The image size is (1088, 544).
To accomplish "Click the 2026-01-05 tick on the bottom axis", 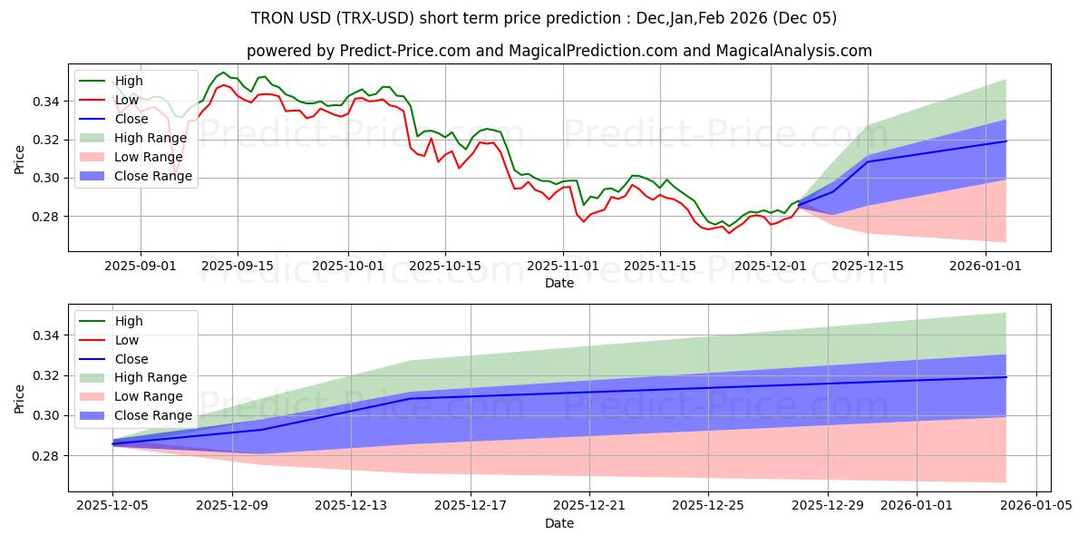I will [x=1035, y=507].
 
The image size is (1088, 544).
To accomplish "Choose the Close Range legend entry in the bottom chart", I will [x=153, y=415].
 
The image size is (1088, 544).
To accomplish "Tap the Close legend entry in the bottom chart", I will [x=131, y=359].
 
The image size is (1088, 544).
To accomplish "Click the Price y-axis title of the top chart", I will [x=20, y=159].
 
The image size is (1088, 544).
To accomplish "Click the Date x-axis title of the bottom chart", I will [x=559, y=524].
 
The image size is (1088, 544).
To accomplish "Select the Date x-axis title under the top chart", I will [x=559, y=283].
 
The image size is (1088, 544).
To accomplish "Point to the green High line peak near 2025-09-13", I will [x=223, y=73].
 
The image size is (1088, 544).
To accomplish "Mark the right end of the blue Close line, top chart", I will [x=1005, y=141].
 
